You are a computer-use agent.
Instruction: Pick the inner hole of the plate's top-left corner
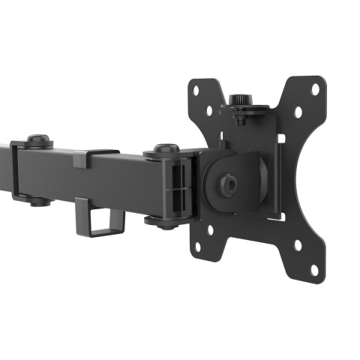[208, 110]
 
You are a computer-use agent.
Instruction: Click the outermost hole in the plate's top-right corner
[315, 88]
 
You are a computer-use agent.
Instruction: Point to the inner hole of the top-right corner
[298, 112]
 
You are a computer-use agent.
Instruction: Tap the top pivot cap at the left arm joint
[39, 139]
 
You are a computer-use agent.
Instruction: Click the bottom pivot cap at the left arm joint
[39, 202]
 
